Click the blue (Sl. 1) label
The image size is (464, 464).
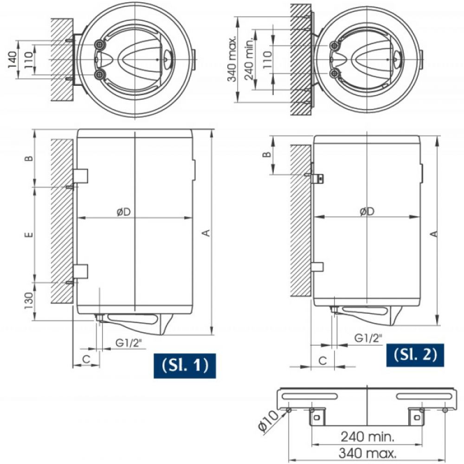point(185,366)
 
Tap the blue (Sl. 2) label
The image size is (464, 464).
point(415,355)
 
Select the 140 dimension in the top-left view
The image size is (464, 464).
point(13,59)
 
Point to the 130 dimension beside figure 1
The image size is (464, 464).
point(29,301)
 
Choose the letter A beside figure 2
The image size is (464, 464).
point(433,234)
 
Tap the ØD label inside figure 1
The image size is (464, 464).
point(123,212)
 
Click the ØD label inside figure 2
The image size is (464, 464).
point(367,211)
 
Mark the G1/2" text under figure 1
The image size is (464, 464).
point(129,343)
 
